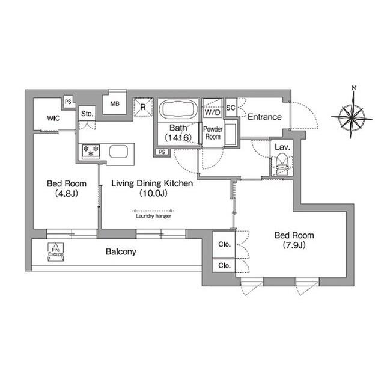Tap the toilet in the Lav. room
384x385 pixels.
click(282, 164)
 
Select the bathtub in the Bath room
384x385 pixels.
click(178, 109)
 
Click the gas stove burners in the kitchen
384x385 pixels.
click(91, 151)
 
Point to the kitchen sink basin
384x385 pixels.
click(118, 152)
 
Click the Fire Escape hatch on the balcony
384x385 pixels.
click(56, 252)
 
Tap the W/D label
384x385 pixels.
click(212, 112)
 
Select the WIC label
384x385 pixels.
click(53, 118)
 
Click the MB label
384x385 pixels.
click(115, 103)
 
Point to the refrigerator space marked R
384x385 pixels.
click(143, 107)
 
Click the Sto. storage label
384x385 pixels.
click(87, 114)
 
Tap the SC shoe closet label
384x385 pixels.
click(231, 108)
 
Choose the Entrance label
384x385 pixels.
click(264, 117)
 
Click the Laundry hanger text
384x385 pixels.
click(153, 216)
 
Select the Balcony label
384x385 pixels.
click(121, 251)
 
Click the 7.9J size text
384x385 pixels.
click(294, 245)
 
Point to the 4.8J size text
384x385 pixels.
click(67, 194)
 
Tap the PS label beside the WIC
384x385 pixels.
click(68, 102)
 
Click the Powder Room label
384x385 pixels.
click(213, 132)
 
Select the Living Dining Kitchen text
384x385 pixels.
click(152, 183)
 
